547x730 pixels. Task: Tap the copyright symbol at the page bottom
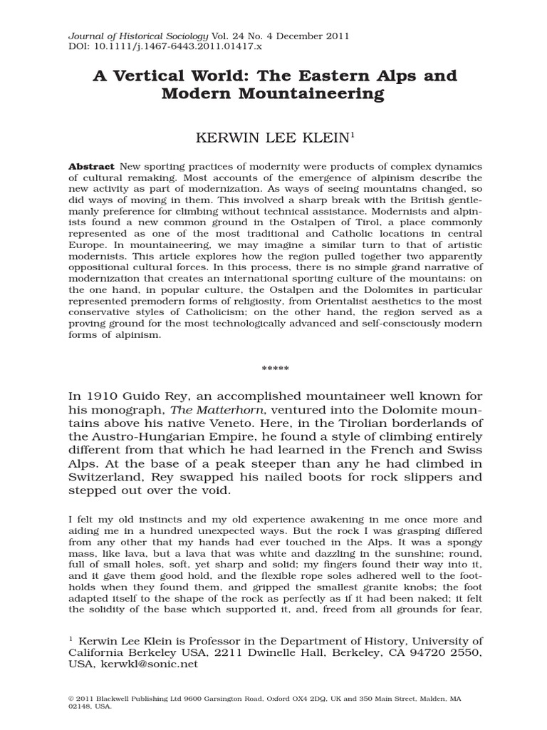pos(72,699)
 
